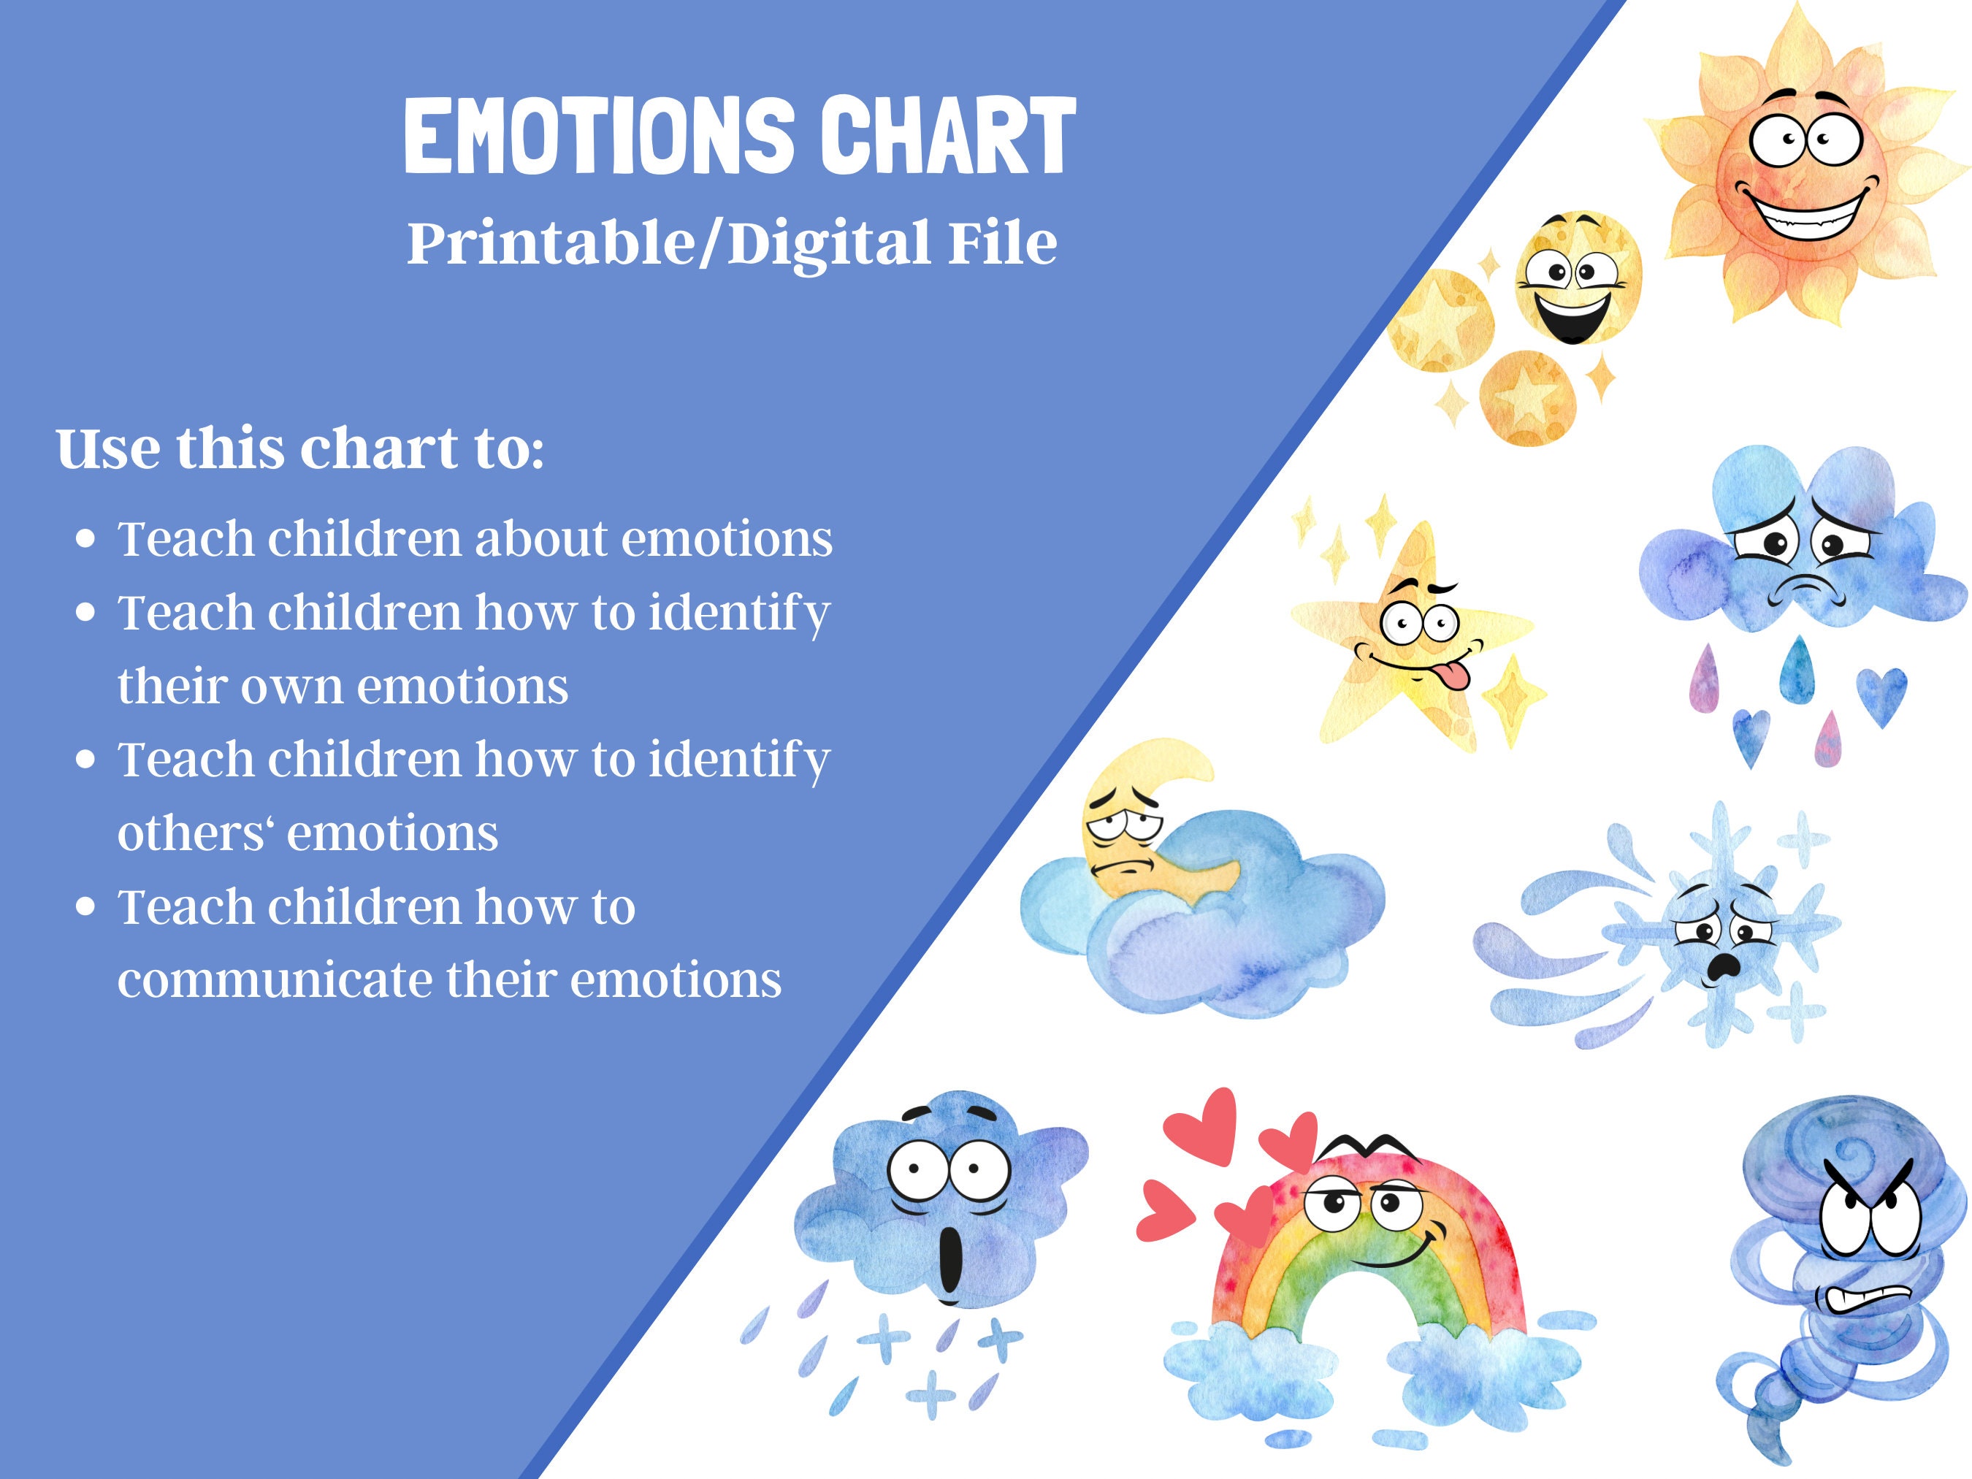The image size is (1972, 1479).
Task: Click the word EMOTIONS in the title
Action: click(597, 136)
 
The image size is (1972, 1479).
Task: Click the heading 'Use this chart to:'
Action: click(299, 448)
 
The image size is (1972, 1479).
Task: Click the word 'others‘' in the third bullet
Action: click(196, 833)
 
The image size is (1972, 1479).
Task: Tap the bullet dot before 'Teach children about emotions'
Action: click(85, 539)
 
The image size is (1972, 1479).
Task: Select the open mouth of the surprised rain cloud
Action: click(951, 1261)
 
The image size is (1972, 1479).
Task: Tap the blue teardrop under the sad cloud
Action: click(1797, 668)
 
